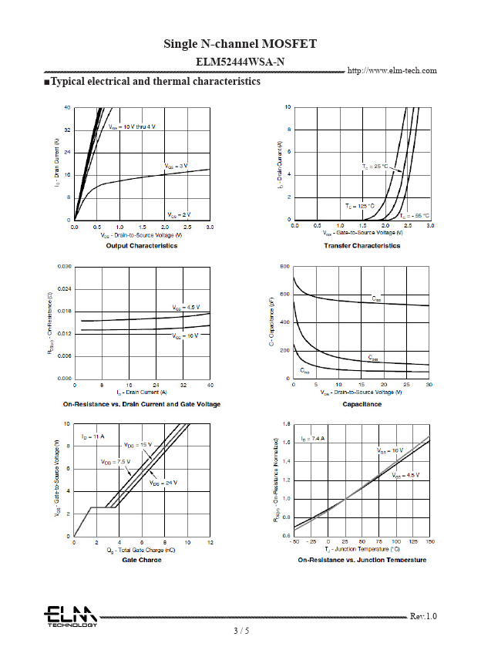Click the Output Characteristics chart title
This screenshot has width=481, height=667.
click(x=141, y=246)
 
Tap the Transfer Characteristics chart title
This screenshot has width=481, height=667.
click(x=362, y=246)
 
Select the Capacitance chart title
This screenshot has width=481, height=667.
click(x=362, y=404)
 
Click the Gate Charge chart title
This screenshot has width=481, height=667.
click(x=141, y=560)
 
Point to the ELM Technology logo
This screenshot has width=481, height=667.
click(x=70, y=616)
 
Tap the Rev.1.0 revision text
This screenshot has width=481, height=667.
click(x=423, y=616)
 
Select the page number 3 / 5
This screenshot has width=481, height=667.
click(x=241, y=631)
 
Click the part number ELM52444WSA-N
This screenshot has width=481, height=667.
click(x=240, y=61)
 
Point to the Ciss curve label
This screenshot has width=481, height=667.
click(x=376, y=298)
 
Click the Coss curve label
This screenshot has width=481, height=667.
click(x=373, y=359)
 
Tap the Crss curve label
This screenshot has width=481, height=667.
click(x=305, y=371)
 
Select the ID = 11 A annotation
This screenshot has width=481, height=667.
click(x=92, y=437)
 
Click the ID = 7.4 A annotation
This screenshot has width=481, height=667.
click(x=313, y=438)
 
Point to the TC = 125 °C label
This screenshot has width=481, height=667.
click(x=359, y=206)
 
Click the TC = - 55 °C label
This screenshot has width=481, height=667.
click(x=415, y=215)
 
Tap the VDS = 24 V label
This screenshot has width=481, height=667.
click(x=163, y=483)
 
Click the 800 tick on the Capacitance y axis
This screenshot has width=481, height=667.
click(x=284, y=266)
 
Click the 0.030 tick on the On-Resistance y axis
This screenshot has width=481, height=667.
click(x=63, y=266)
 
